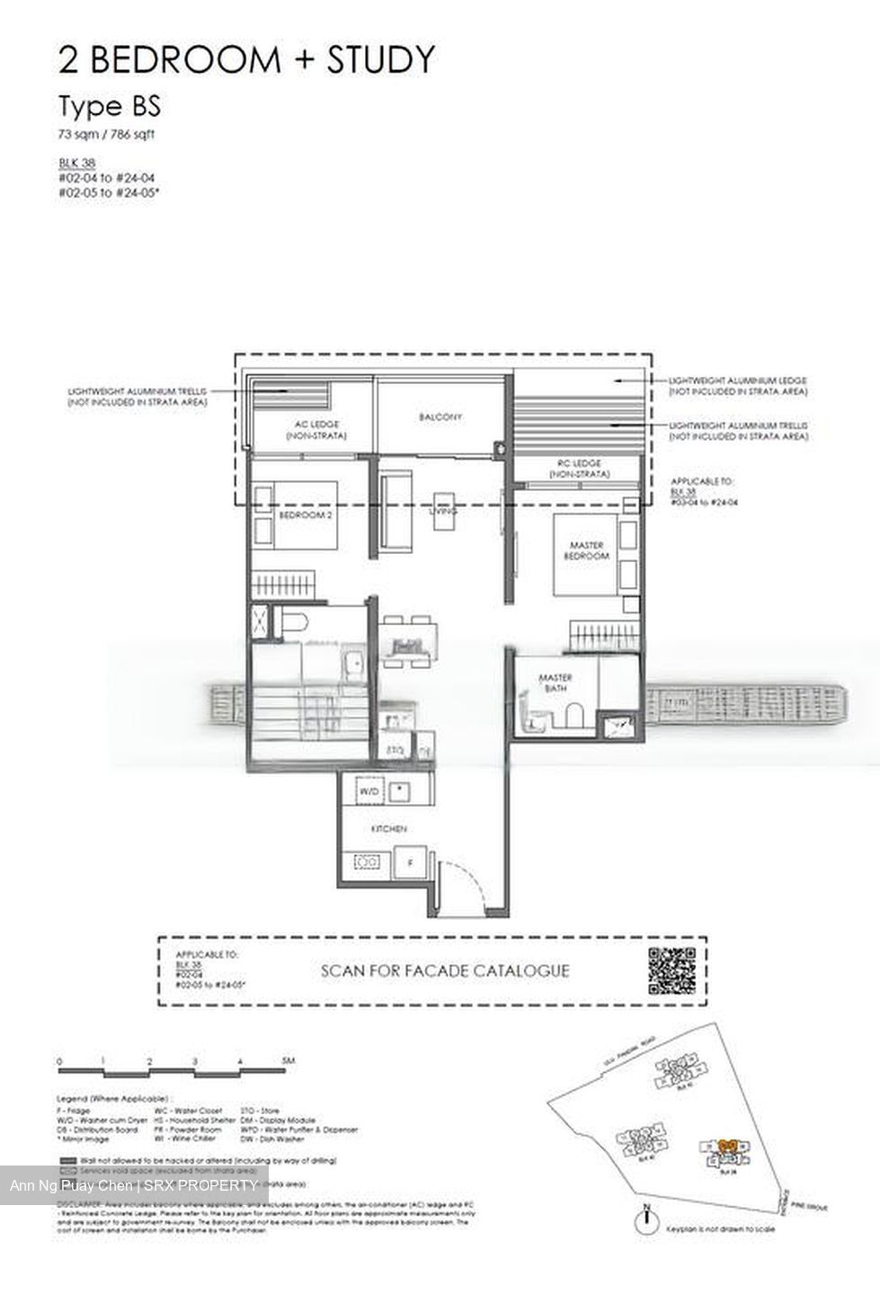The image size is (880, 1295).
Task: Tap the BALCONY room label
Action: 440,417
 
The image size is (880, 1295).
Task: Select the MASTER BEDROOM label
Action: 587,550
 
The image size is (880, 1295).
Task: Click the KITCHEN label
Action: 389,828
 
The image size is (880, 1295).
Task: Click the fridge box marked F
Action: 410,862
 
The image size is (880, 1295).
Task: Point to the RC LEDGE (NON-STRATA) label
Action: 580,468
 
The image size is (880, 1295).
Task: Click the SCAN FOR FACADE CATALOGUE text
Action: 445,971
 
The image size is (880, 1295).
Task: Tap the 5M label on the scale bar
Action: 288,1061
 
